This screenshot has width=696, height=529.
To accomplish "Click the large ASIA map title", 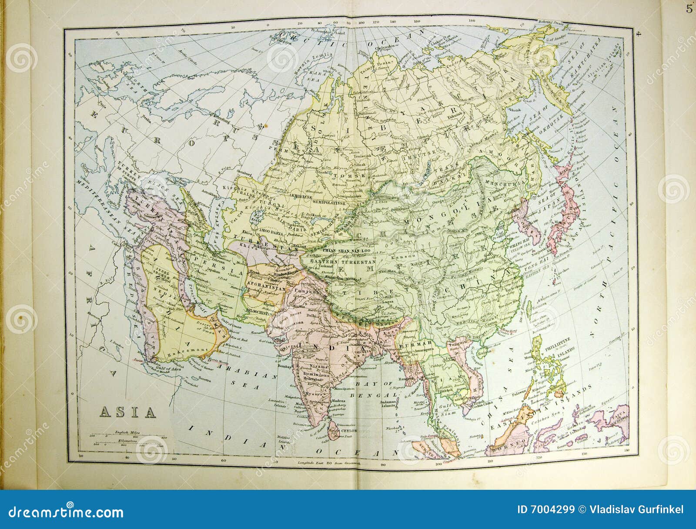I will coord(128,412).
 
